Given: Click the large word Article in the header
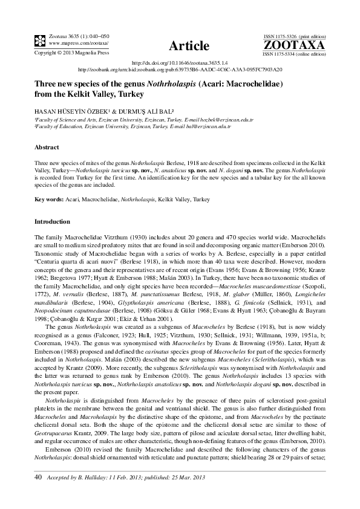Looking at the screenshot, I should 189,46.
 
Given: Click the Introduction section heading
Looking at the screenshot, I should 53,222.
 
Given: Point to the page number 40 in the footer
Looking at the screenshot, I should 38,478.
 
